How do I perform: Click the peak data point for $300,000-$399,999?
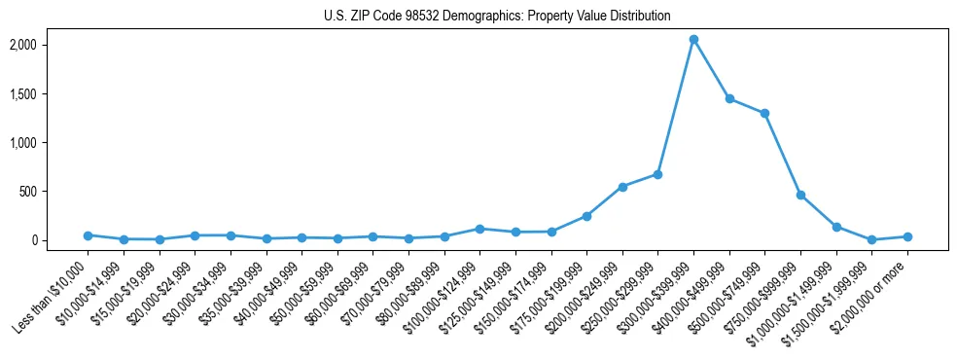point(693,39)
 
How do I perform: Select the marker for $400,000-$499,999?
point(729,99)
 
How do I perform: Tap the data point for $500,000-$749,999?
point(764,113)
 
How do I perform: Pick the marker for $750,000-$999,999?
point(800,195)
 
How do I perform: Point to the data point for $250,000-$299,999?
point(657,174)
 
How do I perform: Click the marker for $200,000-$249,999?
point(622,187)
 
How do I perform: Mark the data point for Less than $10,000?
point(88,235)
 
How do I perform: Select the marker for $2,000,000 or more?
point(907,236)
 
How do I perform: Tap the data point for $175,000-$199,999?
point(586,216)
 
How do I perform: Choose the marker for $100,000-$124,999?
point(479,229)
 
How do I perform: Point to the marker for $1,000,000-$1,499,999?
point(836,227)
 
